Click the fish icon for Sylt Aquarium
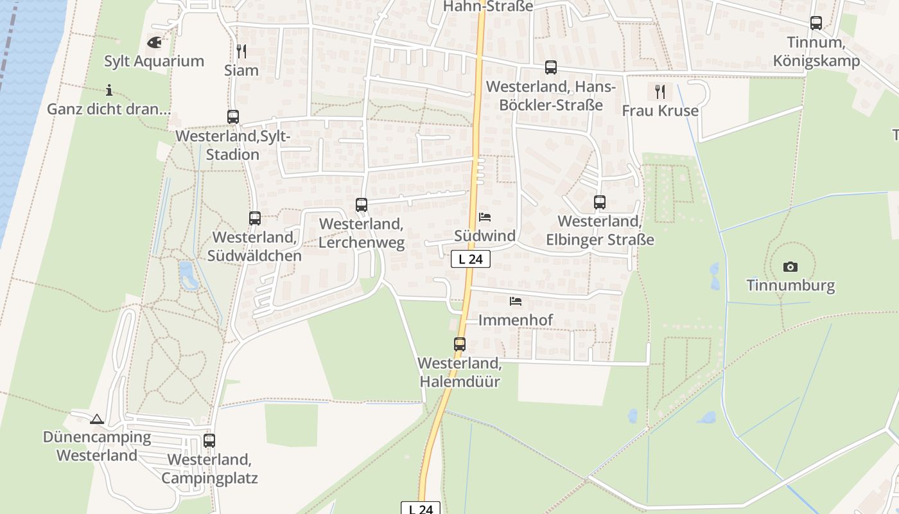tap(154, 42)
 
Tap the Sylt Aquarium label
tap(154, 61)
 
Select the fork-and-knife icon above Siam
tap(241, 51)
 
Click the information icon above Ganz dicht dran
tap(109, 90)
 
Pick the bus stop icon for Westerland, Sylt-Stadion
tap(233, 117)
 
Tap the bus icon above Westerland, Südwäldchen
tap(255, 218)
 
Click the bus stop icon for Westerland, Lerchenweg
tap(362, 205)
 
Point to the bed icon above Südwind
tap(485, 217)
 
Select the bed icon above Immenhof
tap(516, 301)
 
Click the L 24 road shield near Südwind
tap(471, 259)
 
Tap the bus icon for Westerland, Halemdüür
tap(460, 344)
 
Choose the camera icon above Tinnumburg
tap(790, 267)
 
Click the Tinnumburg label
tap(790, 285)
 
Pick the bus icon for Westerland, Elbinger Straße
tap(600, 202)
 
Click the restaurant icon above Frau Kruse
tap(660, 92)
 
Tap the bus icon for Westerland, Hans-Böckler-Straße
tap(551, 67)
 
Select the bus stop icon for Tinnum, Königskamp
tap(816, 23)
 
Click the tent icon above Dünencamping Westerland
tap(97, 420)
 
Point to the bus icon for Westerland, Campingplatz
tap(209, 441)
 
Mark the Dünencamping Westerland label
tap(97, 446)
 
